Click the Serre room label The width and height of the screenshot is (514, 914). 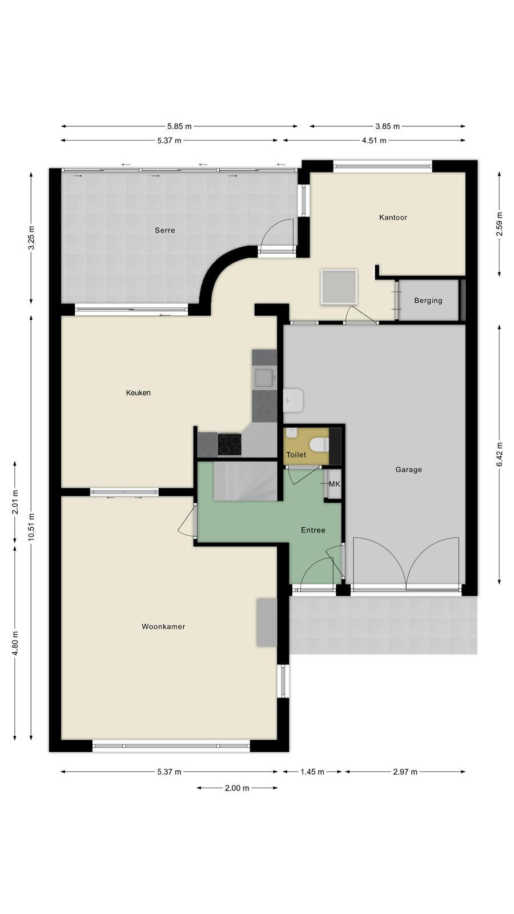pyautogui.click(x=165, y=230)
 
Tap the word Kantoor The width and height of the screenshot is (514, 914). pyautogui.click(x=393, y=218)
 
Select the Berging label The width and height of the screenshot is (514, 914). pyautogui.click(x=428, y=300)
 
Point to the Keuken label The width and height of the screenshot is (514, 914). pyautogui.click(x=138, y=393)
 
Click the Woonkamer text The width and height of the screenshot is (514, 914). pyautogui.click(x=163, y=626)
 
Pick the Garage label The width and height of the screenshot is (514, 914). pyautogui.click(x=408, y=470)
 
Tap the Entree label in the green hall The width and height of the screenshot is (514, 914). pyautogui.click(x=313, y=530)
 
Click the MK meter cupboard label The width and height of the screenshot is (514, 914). pyautogui.click(x=334, y=484)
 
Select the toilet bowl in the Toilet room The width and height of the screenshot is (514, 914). pyautogui.click(x=319, y=444)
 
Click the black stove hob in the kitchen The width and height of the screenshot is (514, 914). pyautogui.click(x=229, y=444)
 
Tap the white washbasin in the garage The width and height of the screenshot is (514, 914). pyautogui.click(x=293, y=400)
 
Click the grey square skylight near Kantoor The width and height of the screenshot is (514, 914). pyautogui.click(x=339, y=287)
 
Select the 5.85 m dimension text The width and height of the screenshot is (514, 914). pyautogui.click(x=179, y=126)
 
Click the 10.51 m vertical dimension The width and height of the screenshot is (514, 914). pyautogui.click(x=31, y=527)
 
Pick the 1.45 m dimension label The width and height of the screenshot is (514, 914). pyautogui.click(x=312, y=772)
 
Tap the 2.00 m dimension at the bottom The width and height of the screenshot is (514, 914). pyautogui.click(x=237, y=788)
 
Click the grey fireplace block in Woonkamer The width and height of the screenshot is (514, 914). pyautogui.click(x=266, y=622)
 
